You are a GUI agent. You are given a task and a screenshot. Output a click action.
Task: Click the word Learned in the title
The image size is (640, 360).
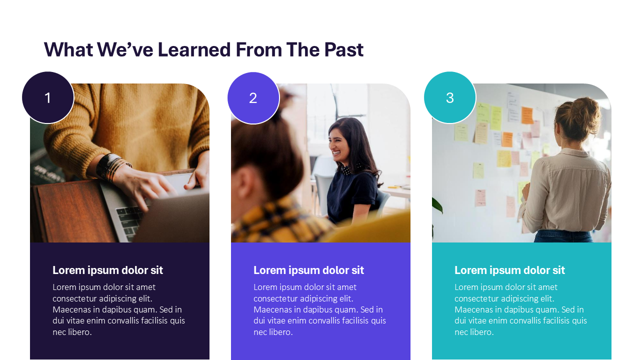click(x=194, y=49)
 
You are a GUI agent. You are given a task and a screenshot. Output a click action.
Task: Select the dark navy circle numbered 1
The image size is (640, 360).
click(x=47, y=97)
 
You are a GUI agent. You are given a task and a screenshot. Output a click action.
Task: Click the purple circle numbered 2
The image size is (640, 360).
click(x=253, y=98)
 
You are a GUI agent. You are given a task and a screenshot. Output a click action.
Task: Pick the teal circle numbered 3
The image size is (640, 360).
click(x=449, y=97)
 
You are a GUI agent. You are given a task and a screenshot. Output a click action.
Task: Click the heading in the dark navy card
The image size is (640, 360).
click(x=107, y=270)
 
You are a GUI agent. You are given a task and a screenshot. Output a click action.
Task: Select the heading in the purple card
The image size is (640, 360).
click(x=308, y=270)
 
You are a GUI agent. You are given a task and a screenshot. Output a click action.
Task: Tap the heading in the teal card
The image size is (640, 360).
click(x=509, y=270)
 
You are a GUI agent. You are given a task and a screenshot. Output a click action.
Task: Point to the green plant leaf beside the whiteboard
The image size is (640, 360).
click(x=437, y=205)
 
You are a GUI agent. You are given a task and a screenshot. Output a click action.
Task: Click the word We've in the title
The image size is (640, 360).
click(x=125, y=49)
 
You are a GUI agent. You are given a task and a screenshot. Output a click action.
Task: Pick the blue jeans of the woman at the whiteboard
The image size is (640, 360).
click(x=563, y=236)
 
